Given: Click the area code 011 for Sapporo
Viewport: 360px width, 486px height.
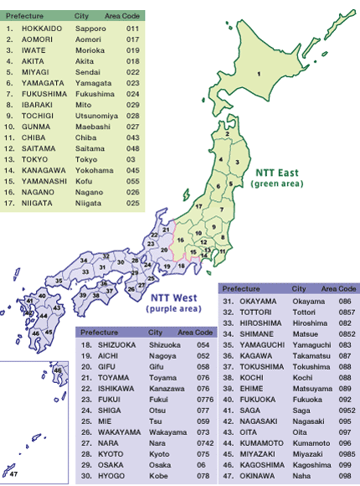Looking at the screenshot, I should point(132,28).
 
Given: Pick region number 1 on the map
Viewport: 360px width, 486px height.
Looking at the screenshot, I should point(259,74).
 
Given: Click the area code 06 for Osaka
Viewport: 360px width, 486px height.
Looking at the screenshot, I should point(201,465).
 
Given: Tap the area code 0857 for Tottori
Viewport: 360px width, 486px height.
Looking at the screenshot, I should point(346,311).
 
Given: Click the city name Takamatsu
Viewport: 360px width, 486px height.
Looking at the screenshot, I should point(310,354).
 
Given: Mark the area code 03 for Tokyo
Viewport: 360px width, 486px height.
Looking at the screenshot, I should point(131,158).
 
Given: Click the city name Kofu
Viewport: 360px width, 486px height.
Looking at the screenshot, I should point(84,180).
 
